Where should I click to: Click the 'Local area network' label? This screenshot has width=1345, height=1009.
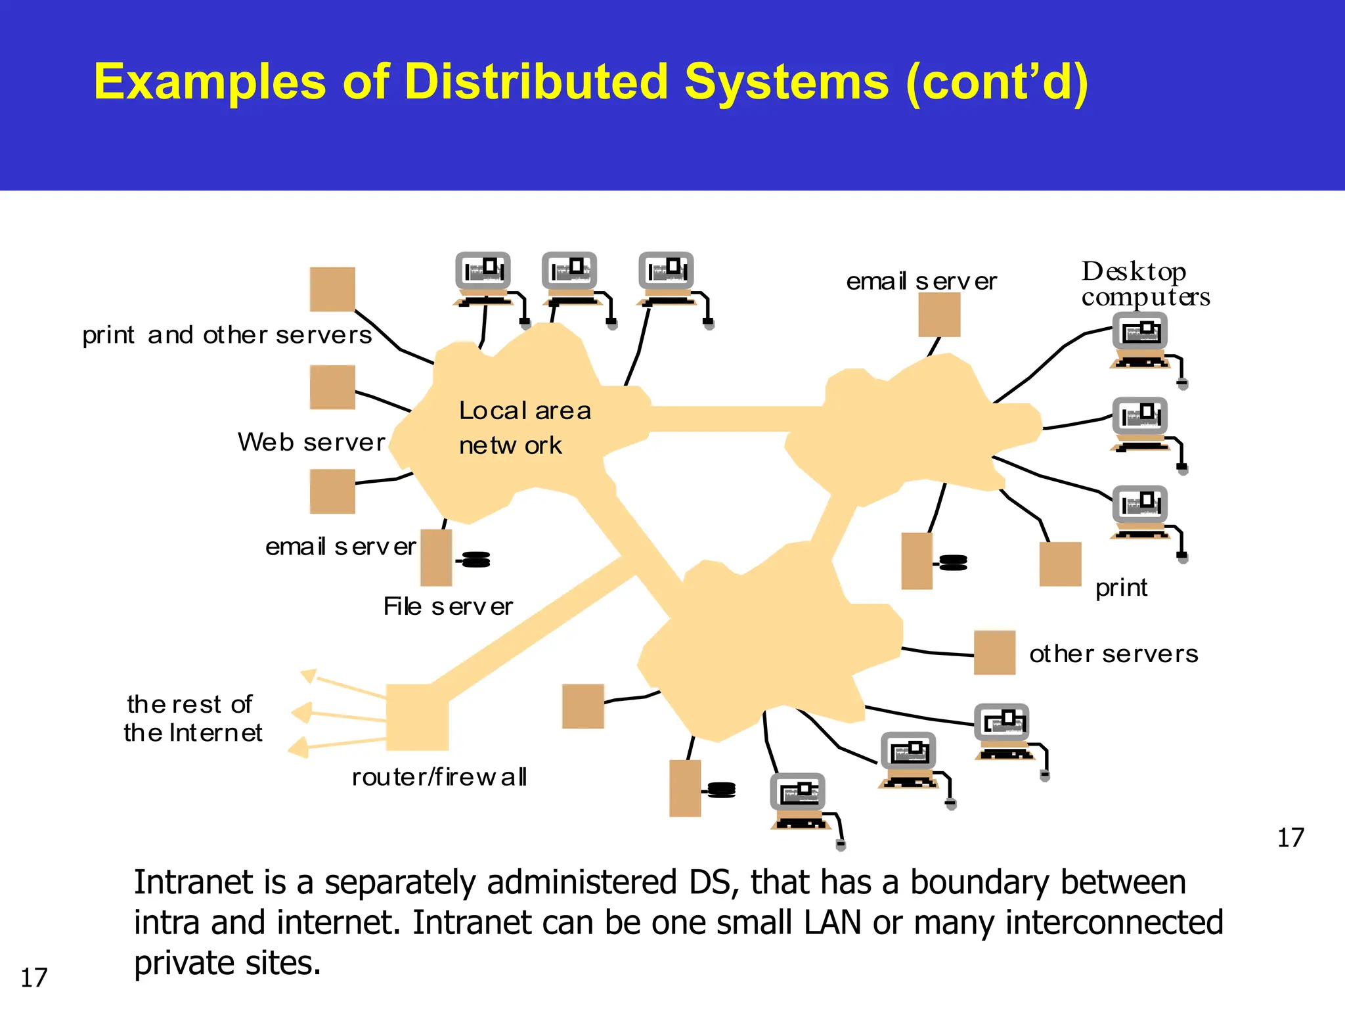click(x=524, y=428)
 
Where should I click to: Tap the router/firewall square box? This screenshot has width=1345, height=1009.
click(x=417, y=717)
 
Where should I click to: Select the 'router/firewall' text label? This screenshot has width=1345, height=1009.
click(x=439, y=777)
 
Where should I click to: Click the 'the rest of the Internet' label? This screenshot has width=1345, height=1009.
click(x=192, y=719)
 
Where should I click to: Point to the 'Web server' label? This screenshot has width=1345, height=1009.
click(x=311, y=442)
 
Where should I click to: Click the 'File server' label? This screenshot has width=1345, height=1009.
click(x=448, y=606)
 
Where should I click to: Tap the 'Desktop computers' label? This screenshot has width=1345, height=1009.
click(x=1145, y=284)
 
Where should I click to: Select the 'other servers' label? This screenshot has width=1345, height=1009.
click(x=1113, y=654)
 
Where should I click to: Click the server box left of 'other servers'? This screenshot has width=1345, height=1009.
click(x=994, y=652)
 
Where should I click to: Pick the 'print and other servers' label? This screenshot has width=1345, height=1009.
click(x=227, y=336)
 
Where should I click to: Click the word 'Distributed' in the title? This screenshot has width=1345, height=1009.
click(x=537, y=82)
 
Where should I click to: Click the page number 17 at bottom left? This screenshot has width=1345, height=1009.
click(x=34, y=978)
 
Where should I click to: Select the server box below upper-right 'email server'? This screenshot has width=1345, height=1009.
click(x=939, y=315)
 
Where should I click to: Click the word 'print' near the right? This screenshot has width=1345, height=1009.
click(x=1121, y=587)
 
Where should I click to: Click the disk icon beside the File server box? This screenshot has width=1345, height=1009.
click(x=475, y=560)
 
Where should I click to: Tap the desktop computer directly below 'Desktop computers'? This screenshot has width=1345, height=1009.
click(x=1141, y=340)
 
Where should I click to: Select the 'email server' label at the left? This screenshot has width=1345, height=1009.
click(x=340, y=547)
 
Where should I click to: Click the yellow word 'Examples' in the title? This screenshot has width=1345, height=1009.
click(x=210, y=82)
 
